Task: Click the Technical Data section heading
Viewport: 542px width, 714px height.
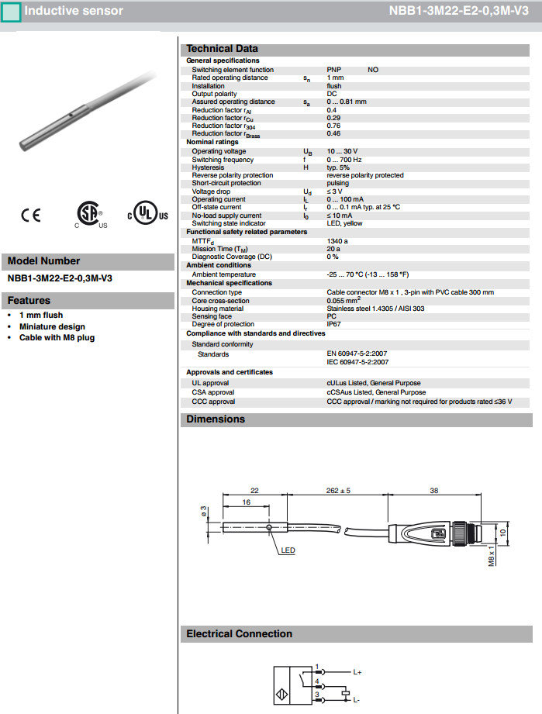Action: (x=222, y=49)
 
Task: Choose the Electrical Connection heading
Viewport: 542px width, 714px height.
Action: (x=239, y=634)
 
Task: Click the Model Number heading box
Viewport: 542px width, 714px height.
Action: (x=44, y=261)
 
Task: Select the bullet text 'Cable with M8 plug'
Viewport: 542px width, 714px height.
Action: (x=57, y=338)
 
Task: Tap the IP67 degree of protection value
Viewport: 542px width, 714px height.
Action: (x=334, y=324)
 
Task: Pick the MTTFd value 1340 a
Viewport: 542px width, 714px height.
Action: (x=337, y=241)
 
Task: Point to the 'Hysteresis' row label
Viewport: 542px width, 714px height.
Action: (x=208, y=167)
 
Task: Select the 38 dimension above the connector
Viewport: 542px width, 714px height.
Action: (x=433, y=491)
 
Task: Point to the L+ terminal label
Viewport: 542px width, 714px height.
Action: (x=357, y=671)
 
